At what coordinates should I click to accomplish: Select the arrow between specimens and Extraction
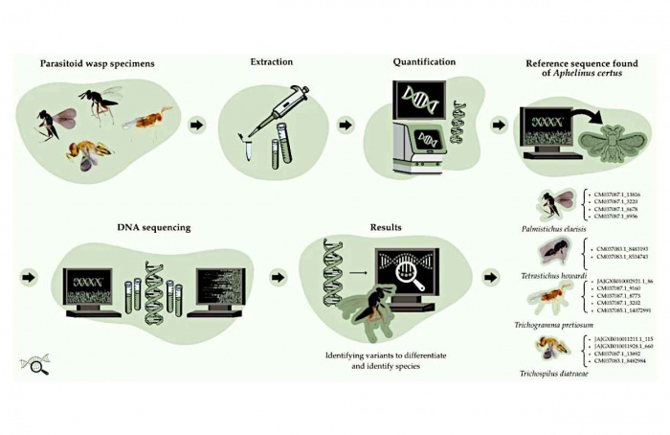[198, 126]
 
